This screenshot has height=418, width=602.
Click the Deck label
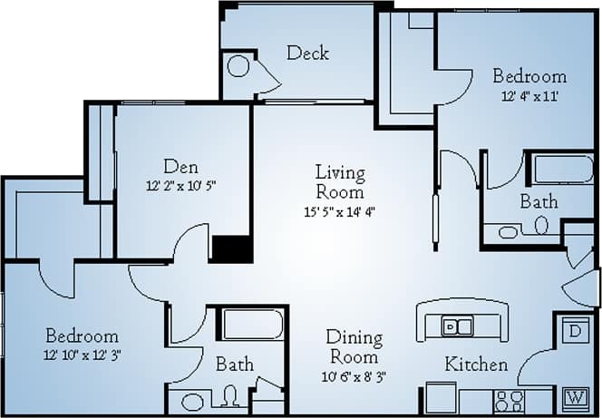click(x=308, y=53)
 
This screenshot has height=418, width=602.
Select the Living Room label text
click(x=340, y=181)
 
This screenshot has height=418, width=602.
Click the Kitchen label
click(x=476, y=365)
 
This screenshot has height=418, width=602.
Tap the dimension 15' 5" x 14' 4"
click(x=340, y=213)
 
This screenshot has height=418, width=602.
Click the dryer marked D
click(x=573, y=330)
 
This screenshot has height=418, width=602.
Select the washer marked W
click(x=573, y=396)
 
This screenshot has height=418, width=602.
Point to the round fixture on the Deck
click(x=238, y=66)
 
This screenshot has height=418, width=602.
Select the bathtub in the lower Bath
click(x=253, y=325)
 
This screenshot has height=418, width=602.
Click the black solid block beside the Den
click(x=231, y=248)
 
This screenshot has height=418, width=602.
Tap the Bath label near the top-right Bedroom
click(x=539, y=201)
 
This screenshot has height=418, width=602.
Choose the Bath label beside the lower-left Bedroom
click(x=234, y=365)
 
